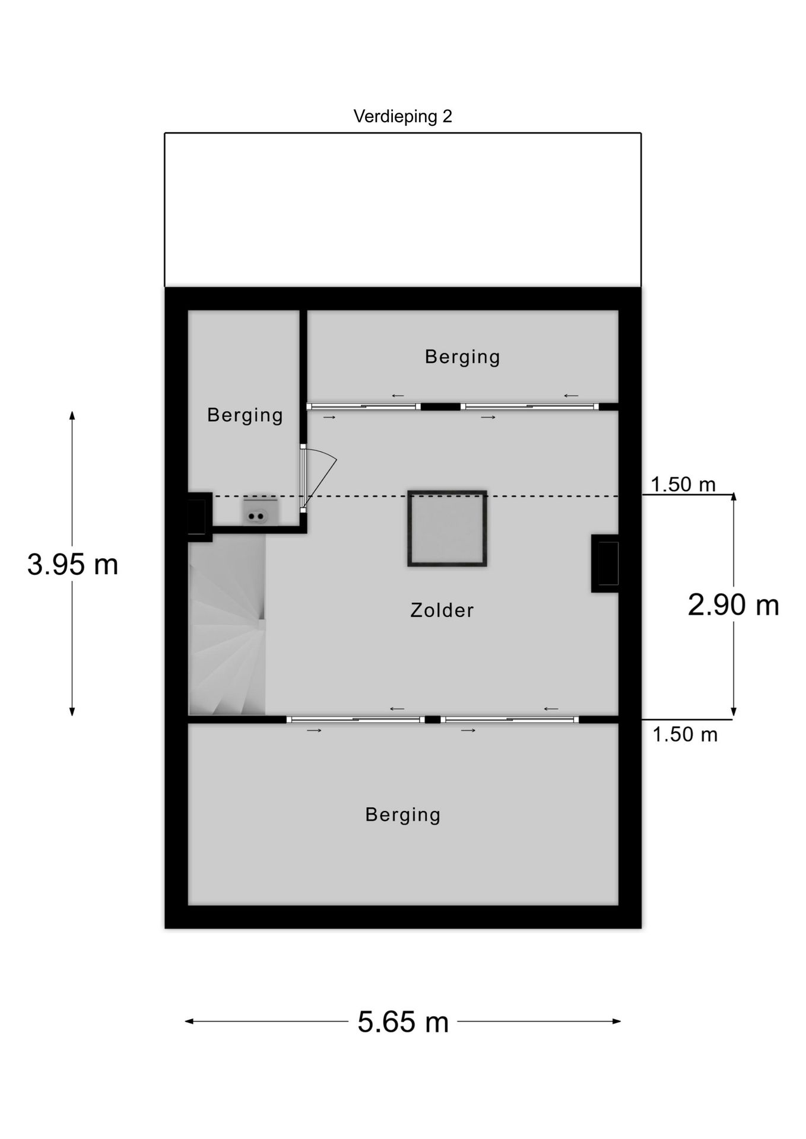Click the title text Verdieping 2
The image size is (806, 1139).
coord(402,116)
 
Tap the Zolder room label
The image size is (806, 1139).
coord(442,610)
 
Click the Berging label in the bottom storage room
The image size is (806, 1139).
coord(402,815)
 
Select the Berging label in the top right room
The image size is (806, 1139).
coord(462,357)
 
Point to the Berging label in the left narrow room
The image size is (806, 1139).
coord(245,415)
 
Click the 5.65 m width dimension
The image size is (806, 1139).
coord(402,1022)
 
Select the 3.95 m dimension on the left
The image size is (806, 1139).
coord(72,564)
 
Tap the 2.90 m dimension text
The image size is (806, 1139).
coord(733,605)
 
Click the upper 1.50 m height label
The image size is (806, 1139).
coord(683,485)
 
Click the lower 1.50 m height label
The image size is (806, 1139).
coord(685,735)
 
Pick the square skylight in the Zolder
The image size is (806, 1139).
coord(447,528)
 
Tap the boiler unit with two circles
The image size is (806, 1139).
coord(259,513)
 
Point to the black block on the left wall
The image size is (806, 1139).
coord(199,517)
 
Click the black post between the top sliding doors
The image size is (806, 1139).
coord(440,407)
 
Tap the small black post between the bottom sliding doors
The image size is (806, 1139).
coord(433,720)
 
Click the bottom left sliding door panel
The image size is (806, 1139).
coord(355,720)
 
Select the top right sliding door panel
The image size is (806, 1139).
coord(530,407)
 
